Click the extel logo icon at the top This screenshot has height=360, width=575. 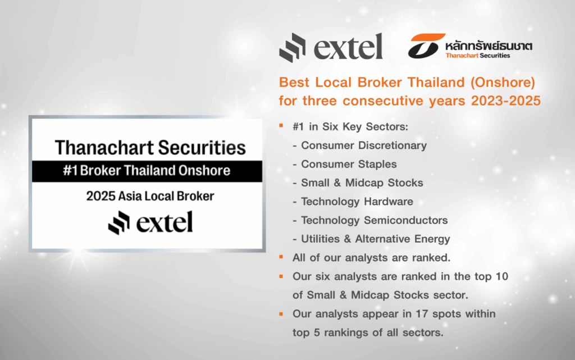[x=292, y=48]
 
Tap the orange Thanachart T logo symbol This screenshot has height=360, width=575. [x=426, y=46]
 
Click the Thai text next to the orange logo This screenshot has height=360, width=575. [x=489, y=46]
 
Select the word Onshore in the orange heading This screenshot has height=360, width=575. [x=503, y=82]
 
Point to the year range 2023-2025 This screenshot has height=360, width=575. [x=506, y=101]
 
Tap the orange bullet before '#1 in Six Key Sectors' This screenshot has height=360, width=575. [x=281, y=126]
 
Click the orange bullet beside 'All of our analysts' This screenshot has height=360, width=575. [x=281, y=257]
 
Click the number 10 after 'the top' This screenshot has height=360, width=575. [x=501, y=276]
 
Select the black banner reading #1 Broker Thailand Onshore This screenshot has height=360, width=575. [x=147, y=171]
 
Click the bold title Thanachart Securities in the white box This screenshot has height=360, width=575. [x=150, y=148]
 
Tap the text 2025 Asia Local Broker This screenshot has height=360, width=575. [x=150, y=196]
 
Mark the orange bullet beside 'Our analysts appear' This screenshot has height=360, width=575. [x=281, y=314]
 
